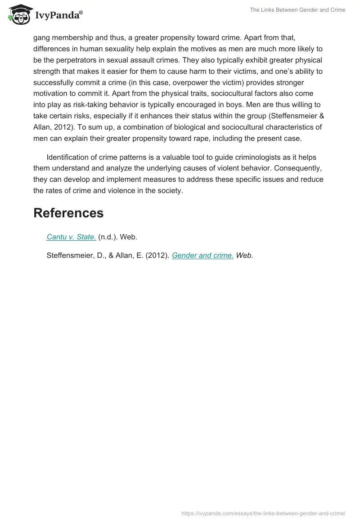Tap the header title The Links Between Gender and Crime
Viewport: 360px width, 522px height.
[297, 10]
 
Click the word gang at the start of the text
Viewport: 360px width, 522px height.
[41, 37]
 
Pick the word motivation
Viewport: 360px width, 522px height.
[52, 94]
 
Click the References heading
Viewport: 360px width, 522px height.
[68, 213]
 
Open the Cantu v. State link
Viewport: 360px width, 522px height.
[71, 237]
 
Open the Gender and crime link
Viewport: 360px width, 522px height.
[202, 255]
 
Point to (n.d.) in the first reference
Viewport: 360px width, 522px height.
[108, 237]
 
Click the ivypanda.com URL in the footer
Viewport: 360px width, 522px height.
[263, 513]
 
